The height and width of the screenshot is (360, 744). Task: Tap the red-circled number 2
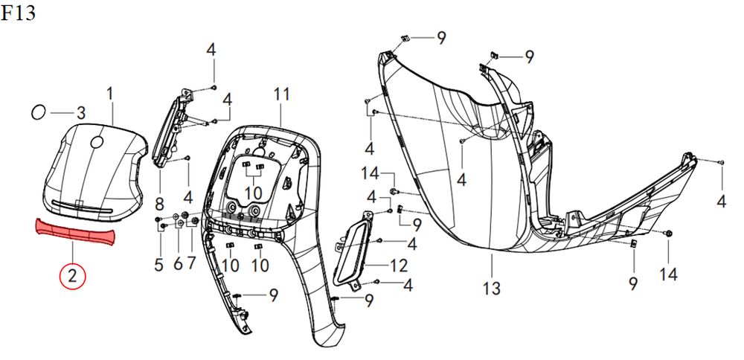tap(72, 276)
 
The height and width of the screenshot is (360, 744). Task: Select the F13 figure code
tap(18, 13)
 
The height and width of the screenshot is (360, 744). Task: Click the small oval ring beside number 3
tap(38, 112)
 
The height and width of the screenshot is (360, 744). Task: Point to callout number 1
tap(110, 94)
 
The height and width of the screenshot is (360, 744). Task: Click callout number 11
tap(281, 94)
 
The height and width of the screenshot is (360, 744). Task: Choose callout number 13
tap(492, 288)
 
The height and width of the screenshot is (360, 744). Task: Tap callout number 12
tap(399, 266)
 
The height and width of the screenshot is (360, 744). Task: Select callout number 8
tap(159, 205)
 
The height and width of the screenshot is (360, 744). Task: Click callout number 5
tap(159, 264)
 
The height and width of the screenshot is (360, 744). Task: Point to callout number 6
tap(178, 264)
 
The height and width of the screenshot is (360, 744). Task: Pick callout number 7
tap(191, 264)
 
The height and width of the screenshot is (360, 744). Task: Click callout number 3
tap(81, 113)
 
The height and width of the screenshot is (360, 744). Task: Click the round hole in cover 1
tap(97, 142)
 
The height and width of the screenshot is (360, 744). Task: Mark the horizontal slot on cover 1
tap(82, 207)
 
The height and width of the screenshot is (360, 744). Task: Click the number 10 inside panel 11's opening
tap(254, 193)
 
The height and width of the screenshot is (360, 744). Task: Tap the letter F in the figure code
tap(6, 13)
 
